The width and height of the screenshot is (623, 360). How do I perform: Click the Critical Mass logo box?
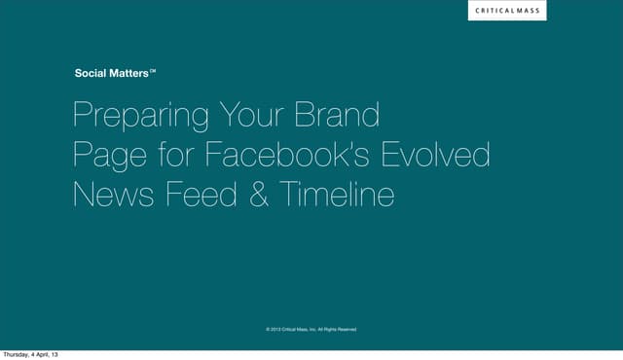click(506, 11)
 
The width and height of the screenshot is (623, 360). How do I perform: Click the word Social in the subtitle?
click(92, 73)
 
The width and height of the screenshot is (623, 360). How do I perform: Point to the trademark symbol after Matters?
click(154, 70)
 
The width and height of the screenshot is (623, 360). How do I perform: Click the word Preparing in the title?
click(140, 117)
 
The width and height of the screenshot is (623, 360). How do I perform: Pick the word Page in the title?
click(106, 156)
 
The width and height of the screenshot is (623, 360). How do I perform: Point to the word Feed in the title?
click(202, 195)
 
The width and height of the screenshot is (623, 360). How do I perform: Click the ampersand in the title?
click(260, 195)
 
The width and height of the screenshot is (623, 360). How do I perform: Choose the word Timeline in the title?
click(337, 195)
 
